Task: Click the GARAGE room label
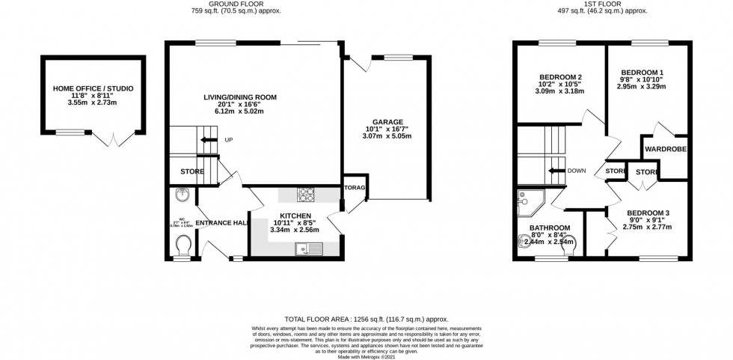click(x=388, y=121)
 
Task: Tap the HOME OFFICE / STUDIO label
click(x=93, y=88)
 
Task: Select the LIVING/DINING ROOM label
click(x=240, y=97)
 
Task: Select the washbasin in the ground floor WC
click(x=182, y=196)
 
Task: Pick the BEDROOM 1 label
click(x=642, y=73)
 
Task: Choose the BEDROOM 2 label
click(x=560, y=77)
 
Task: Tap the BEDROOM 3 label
click(x=648, y=213)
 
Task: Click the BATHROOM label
click(x=550, y=228)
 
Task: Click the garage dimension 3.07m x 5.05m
click(x=388, y=137)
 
